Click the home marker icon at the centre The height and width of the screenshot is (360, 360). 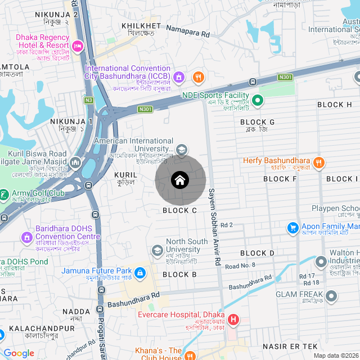point(180,180)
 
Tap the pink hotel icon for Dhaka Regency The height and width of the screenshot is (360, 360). point(78,44)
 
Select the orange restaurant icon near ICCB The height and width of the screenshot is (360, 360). point(197,77)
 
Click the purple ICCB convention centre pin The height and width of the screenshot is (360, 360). point(179,76)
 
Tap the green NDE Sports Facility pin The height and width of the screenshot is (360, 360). point(258,101)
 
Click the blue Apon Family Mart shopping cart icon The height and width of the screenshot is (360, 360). point(292,228)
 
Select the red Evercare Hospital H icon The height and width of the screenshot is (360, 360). point(233,320)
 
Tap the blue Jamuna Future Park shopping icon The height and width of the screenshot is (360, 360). point(140,274)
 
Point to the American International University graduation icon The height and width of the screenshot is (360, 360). point(181,150)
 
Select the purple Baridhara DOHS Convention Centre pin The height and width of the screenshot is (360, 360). point(26,238)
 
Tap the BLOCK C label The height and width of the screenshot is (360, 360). point(179,210)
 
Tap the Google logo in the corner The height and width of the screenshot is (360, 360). point(19,353)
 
